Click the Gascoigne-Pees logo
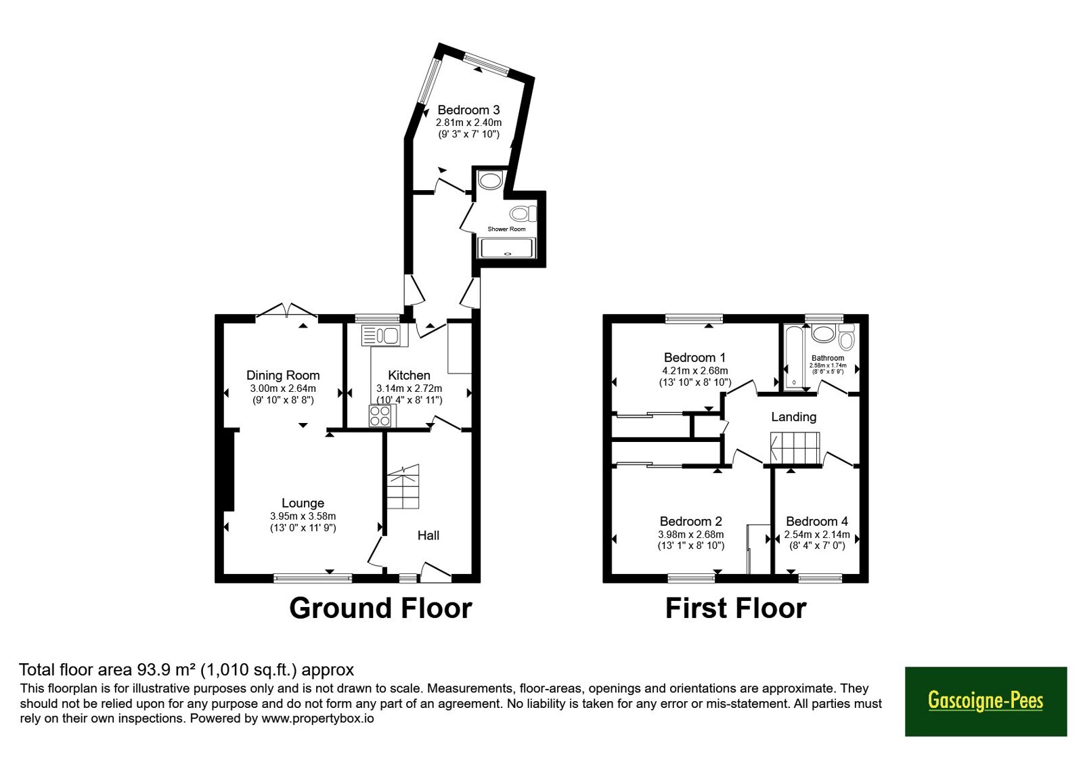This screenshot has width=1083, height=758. pyautogui.click(x=986, y=701)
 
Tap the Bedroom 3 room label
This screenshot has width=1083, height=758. pyautogui.click(x=468, y=110)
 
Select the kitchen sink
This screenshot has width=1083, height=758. pyautogui.click(x=385, y=335)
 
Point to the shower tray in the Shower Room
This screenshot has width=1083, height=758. pyautogui.click(x=507, y=248)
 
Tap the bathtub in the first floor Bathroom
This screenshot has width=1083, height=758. pyautogui.click(x=793, y=356)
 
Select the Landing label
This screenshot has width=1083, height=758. pyautogui.click(x=793, y=417)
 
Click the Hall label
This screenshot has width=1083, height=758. pyautogui.click(x=428, y=535)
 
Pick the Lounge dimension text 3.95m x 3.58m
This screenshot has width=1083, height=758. pyautogui.click(x=303, y=516)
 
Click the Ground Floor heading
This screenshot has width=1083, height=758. pyautogui.click(x=380, y=608)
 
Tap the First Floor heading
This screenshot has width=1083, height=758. pyautogui.click(x=736, y=608)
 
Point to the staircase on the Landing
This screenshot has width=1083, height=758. pyautogui.click(x=795, y=447)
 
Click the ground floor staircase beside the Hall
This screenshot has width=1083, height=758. pyautogui.click(x=403, y=487)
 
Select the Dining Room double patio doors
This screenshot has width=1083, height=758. pyautogui.click(x=287, y=310)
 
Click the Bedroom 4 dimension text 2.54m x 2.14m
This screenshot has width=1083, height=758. pyautogui.click(x=816, y=535)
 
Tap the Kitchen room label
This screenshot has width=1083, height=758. pyautogui.click(x=409, y=375)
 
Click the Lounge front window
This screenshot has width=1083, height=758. pyautogui.click(x=313, y=578)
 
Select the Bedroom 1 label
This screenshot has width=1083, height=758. pyautogui.click(x=694, y=358)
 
